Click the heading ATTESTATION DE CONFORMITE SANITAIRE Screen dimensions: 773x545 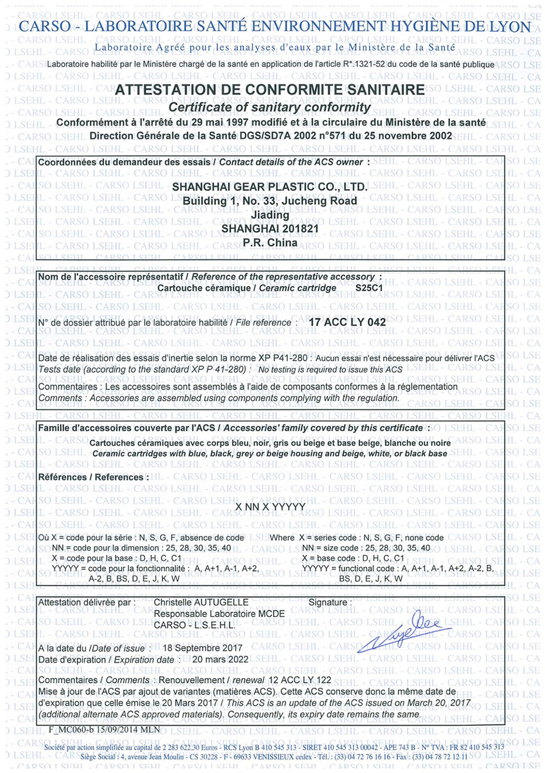coord(270,90)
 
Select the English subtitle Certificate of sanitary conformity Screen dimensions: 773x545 coord(270,107)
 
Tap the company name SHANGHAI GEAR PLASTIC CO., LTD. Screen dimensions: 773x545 coord(270,187)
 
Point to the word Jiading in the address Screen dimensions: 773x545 coord(270,215)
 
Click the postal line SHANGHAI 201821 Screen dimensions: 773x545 coord(270,228)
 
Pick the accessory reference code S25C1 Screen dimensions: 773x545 coord(369,288)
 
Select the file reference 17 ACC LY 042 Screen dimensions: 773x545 coord(347,322)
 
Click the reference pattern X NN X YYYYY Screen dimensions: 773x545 coord(270,506)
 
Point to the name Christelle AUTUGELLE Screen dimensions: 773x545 coord(201,602)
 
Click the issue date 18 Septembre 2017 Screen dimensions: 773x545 coord(202,648)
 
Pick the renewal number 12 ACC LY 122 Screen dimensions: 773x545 coord(299,680)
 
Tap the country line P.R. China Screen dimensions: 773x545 coord(270,243)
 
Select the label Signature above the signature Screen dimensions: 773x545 coord(329,602)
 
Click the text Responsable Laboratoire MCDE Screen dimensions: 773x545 coord(219,614)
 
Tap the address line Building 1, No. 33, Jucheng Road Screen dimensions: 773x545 coord(270,201)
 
